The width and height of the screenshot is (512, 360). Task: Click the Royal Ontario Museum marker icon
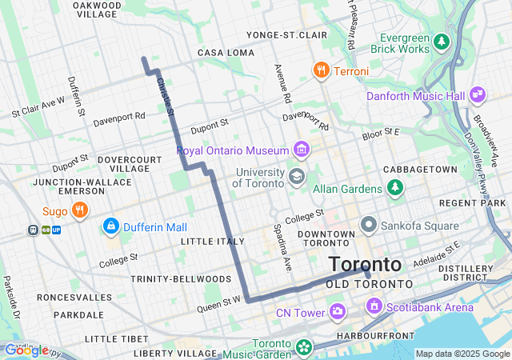(302, 150)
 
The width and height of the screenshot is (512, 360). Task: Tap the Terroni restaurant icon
(321, 70)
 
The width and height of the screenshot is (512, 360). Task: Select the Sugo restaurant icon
(79, 211)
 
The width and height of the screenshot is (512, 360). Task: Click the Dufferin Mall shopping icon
(111, 227)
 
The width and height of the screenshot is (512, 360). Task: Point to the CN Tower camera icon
(338, 310)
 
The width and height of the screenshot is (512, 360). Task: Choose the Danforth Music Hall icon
(478, 95)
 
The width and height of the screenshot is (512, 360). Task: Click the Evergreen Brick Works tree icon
(442, 40)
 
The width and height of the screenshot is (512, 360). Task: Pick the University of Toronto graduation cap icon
(297, 176)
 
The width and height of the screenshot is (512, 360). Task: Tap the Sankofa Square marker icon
(369, 226)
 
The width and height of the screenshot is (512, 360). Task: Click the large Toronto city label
(365, 264)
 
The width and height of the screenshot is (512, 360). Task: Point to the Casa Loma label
(226, 52)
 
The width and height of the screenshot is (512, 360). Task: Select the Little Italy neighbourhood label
(213, 241)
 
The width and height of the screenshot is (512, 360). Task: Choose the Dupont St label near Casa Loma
(209, 126)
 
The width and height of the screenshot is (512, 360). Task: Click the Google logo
(26, 350)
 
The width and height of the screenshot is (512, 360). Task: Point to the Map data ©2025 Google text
(462, 354)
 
